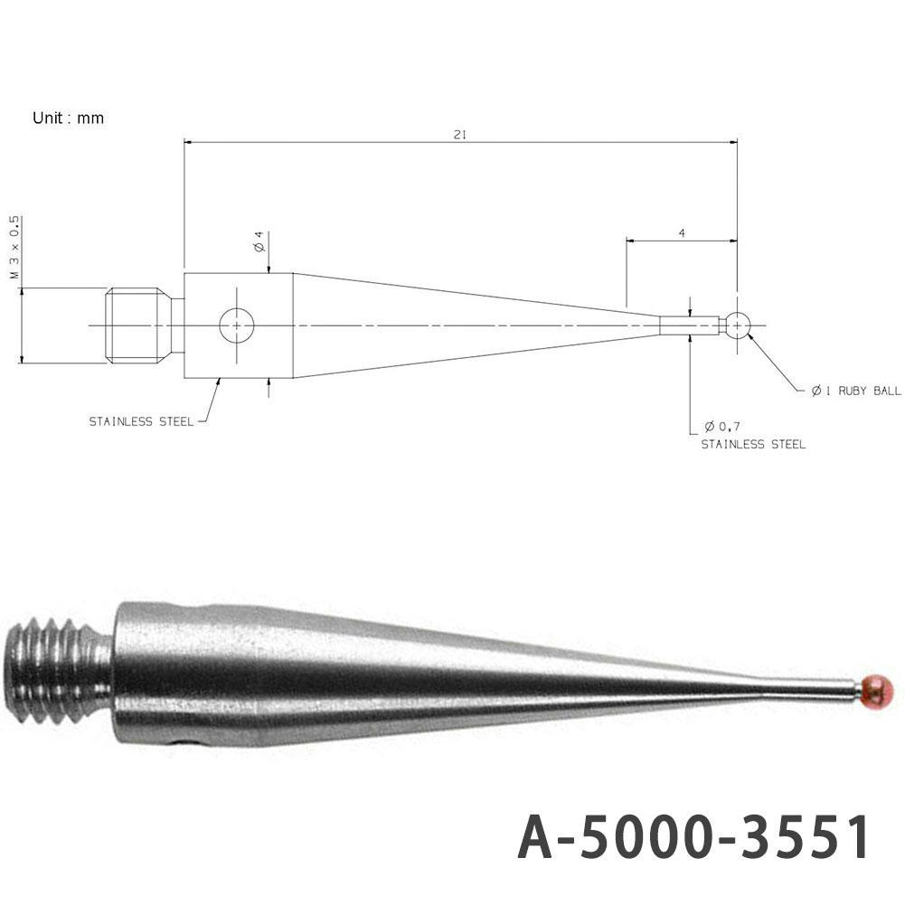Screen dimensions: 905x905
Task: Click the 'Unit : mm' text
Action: [x=68, y=118]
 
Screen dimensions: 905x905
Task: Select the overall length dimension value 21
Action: [x=459, y=135]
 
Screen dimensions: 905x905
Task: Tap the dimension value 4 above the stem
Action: [x=681, y=233]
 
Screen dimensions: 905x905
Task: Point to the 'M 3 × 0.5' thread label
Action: [x=14, y=247]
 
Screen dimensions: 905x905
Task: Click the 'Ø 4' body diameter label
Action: [x=259, y=243]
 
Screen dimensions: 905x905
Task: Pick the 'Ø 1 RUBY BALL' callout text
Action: [x=855, y=391]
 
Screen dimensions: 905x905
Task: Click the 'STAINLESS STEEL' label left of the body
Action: [x=140, y=422]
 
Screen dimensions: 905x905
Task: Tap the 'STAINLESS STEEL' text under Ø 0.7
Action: [x=753, y=444]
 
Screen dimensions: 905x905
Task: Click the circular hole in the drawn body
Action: [x=237, y=325]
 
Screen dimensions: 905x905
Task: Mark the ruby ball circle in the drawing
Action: [x=739, y=325]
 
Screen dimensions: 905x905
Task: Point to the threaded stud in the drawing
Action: [x=136, y=325]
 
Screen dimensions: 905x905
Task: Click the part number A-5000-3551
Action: [x=693, y=838]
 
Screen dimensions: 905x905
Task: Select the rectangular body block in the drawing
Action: [x=239, y=325]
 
